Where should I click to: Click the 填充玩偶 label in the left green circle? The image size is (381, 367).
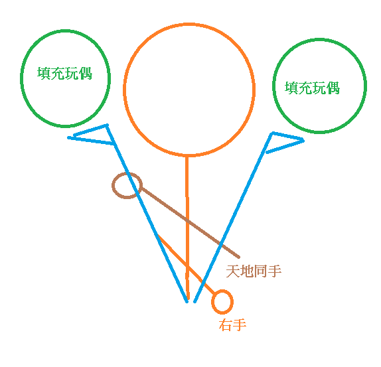[64, 73]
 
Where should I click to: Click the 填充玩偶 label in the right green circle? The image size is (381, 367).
[312, 88]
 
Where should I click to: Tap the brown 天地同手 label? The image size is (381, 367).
[254, 271]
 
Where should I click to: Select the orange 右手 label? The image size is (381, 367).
[232, 325]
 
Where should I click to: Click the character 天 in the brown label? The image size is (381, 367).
[233, 271]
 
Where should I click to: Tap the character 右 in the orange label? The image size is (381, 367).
[226, 325]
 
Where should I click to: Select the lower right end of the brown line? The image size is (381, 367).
[238, 257]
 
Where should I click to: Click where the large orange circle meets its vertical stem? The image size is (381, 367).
[187, 155]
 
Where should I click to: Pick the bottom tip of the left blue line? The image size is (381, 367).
[187, 302]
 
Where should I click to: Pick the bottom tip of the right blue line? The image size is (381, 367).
[194, 302]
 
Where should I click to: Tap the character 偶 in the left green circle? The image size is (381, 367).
[86, 74]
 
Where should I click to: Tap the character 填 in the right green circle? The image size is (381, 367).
[291, 88]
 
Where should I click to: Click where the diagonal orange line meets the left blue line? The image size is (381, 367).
[158, 235]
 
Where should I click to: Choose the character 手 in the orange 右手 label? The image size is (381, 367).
[240, 325]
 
